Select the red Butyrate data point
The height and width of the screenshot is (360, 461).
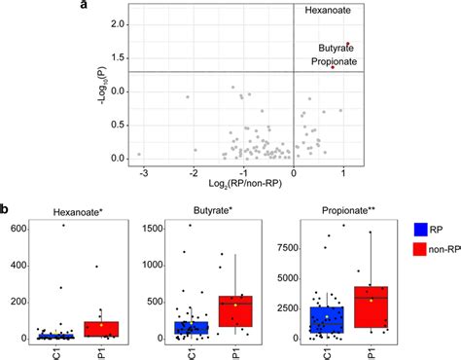coord(346,44)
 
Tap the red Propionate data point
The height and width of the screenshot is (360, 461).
coord(332,66)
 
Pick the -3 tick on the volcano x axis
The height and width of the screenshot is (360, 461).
coord(143,171)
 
